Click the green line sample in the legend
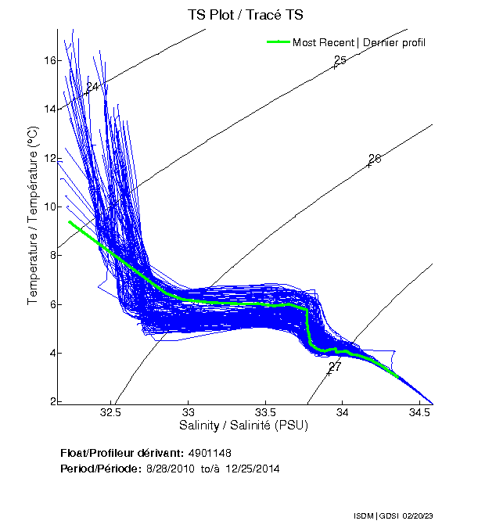click(279, 42)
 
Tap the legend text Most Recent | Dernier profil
click(359, 42)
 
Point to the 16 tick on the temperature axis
click(49, 60)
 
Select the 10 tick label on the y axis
click(49, 207)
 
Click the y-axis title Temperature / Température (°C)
click(33, 216)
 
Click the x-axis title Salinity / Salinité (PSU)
click(245, 426)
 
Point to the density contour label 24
click(92, 87)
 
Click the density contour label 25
click(340, 60)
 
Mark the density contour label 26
click(375, 159)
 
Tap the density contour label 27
click(335, 366)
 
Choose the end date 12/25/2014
click(253, 469)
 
